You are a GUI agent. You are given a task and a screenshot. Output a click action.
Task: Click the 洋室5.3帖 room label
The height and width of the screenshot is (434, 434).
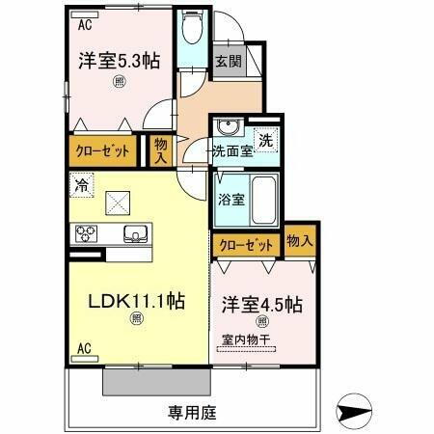point(119,61)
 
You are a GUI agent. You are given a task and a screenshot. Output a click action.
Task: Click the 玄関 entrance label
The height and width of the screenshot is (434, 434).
point(229,62)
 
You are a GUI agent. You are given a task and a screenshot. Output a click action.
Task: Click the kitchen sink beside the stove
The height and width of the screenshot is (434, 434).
point(134,233)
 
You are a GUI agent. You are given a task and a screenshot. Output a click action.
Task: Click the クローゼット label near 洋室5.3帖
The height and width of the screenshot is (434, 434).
point(102,149)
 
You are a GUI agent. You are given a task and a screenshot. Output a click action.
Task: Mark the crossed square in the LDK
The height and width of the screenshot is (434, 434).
point(119,203)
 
